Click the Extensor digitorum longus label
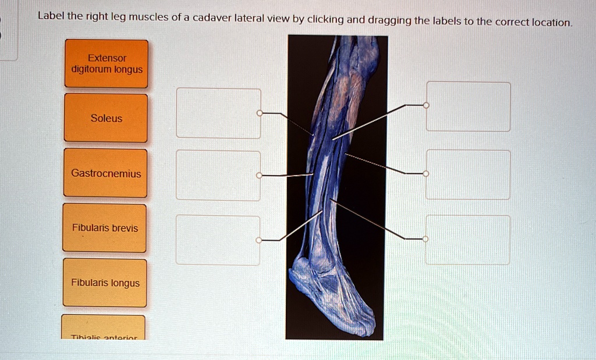tap(107, 63)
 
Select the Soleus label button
tap(106, 118)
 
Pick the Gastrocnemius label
tap(106, 173)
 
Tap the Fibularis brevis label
tap(105, 228)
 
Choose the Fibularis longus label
tap(105, 283)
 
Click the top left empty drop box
tap(218, 113)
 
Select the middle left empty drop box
tap(218, 175)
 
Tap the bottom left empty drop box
tap(218, 240)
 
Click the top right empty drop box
tap(468, 106)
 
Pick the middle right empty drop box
tap(468, 174)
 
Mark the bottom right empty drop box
tap(468, 240)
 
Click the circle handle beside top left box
tap(260, 113)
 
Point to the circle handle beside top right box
tap(426, 105)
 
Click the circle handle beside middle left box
tap(260, 175)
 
